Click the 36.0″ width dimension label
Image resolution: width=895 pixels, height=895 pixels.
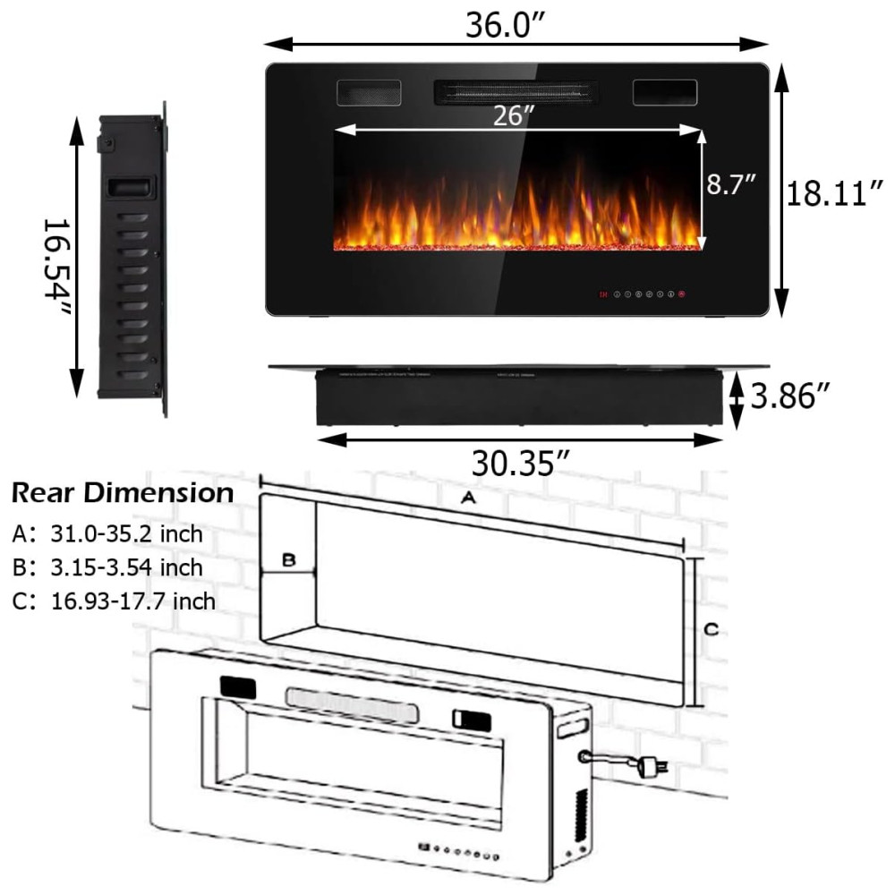(505, 25)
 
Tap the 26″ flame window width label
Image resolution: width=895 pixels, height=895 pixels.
(514, 115)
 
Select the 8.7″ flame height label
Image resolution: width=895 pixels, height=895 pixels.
(730, 183)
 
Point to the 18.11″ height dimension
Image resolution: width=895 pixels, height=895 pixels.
(834, 193)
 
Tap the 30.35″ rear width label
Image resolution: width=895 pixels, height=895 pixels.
(521, 463)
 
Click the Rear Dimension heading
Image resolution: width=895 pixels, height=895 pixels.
(123, 492)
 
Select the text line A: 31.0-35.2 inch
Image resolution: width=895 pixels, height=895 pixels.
(107, 533)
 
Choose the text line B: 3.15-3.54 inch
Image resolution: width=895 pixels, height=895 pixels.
(107, 567)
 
